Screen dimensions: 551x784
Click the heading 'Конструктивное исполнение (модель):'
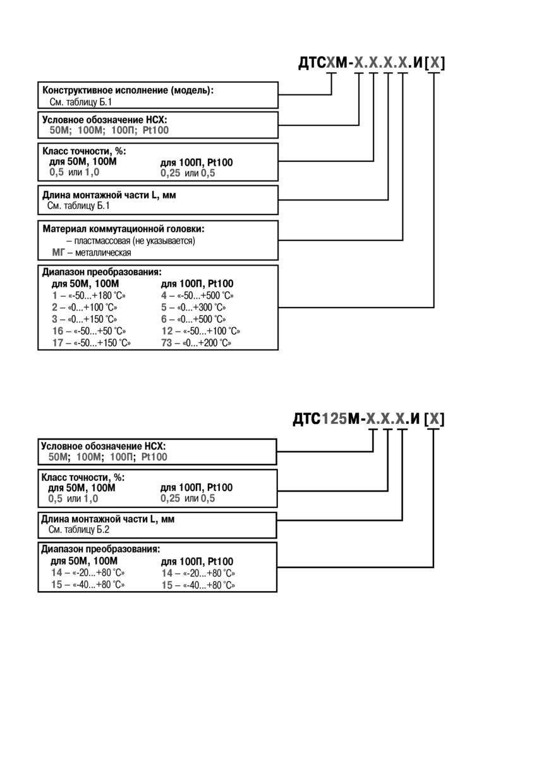[128, 90]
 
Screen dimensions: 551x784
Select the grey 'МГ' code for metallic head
[58, 252]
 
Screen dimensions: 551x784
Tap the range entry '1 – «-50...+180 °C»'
[89, 296]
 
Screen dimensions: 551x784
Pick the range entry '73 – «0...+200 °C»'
[196, 342]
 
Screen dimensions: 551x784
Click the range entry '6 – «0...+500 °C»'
[194, 319]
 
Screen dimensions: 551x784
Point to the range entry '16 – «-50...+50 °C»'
[89, 331]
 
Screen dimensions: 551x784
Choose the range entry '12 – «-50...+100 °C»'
[201, 331]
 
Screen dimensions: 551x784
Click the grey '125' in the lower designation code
[334, 419]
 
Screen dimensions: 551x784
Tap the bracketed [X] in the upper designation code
[435, 63]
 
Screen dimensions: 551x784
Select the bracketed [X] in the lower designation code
[434, 419]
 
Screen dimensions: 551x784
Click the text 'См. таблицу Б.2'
[78, 529]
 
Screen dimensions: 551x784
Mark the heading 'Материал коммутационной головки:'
[123, 229]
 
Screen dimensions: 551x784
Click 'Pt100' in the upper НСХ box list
[155, 130]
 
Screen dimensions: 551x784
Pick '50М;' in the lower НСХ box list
[59, 457]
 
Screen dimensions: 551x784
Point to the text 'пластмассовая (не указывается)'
[135, 241]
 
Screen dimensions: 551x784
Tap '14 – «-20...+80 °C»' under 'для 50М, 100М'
[88, 573]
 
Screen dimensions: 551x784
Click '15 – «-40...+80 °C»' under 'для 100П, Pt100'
[198, 585]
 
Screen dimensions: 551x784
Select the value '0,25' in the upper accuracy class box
[170, 173]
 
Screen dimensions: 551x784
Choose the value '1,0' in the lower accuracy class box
[91, 499]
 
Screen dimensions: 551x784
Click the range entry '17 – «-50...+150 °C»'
[92, 342]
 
